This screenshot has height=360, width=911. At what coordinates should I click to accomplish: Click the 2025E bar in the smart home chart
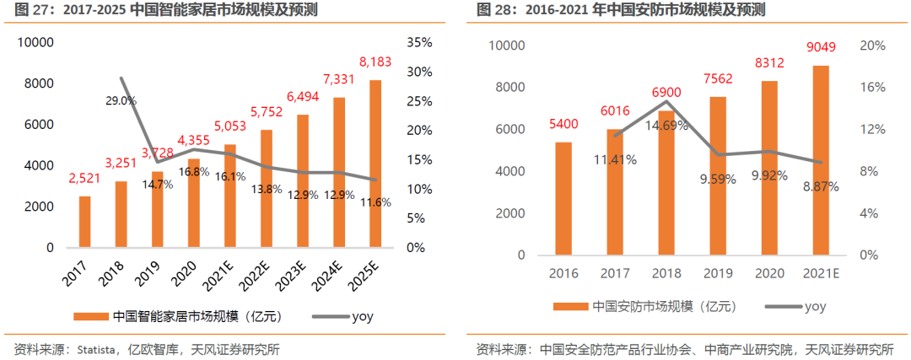coord(375,164)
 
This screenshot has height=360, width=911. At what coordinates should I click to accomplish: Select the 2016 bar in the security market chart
coord(563,198)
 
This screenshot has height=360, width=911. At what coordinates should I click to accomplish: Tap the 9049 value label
coord(822,48)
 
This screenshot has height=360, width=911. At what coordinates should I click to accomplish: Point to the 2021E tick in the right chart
coord(821,272)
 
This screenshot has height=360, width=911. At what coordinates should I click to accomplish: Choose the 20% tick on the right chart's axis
coord(872,46)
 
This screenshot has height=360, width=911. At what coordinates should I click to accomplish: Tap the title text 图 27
coord(30,10)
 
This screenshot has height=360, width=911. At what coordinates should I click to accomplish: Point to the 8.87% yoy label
coord(821,187)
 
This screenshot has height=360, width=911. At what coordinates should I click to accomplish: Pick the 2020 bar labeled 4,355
coord(194,203)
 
